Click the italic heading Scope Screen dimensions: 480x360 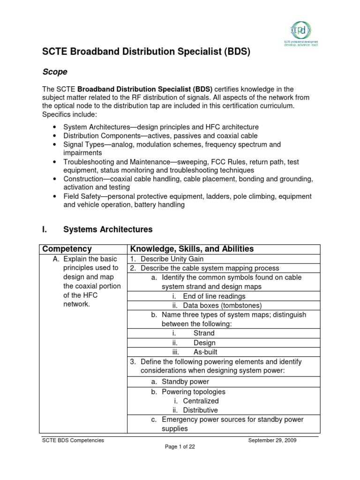[55, 72]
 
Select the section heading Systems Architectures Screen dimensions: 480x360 [108, 230]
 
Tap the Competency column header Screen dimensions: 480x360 [67, 249]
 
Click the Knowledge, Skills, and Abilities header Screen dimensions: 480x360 [192, 249]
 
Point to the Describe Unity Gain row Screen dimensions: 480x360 [172, 259]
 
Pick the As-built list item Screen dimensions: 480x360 [205, 352]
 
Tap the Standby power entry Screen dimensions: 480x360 [185, 382]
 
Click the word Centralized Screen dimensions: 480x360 [201, 401]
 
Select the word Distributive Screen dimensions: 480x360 [200, 410]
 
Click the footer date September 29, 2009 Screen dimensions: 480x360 [272, 440]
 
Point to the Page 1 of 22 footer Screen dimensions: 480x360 [180, 447]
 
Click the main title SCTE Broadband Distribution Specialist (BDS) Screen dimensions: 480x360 [146, 52]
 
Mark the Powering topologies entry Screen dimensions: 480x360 [193, 391]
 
